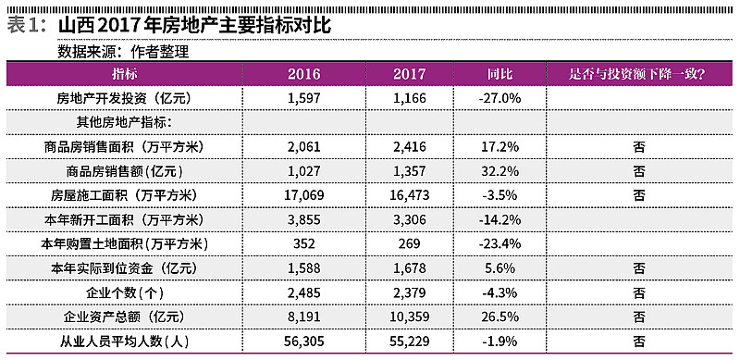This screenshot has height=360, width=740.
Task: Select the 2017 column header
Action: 409,73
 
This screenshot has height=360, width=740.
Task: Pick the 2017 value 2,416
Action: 409,146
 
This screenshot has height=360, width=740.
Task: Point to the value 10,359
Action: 409,317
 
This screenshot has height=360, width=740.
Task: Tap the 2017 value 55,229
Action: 409,342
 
